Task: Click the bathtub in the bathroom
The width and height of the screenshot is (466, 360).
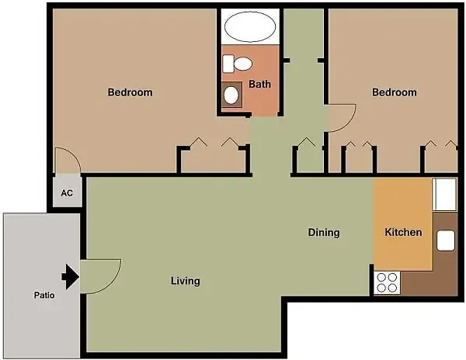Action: tap(250, 26)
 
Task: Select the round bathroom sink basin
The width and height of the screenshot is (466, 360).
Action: tap(231, 95)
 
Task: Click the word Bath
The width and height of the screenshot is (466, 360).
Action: tap(259, 85)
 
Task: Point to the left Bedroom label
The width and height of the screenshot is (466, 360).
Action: tap(130, 92)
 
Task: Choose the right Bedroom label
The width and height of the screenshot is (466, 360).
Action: tap(395, 92)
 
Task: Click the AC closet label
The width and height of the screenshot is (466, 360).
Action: tap(67, 193)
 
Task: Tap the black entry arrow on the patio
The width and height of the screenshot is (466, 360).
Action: tap(70, 277)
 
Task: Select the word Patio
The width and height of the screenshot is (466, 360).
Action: tap(44, 295)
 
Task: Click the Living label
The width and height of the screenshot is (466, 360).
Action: tap(185, 281)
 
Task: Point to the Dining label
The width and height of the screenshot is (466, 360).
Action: tap(324, 233)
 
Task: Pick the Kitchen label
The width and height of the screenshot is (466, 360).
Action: tap(403, 232)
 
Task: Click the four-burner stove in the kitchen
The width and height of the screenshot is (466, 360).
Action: tap(387, 283)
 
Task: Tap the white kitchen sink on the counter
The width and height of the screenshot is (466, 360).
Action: tap(446, 241)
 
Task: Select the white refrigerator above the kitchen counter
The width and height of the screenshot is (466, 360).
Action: tap(444, 195)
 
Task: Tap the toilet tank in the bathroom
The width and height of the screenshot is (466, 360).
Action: tap(228, 64)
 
